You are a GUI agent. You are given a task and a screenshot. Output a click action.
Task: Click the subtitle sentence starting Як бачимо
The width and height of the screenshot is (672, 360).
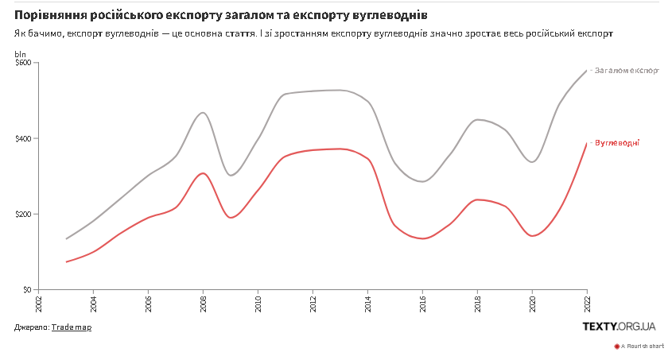click(x=313, y=33)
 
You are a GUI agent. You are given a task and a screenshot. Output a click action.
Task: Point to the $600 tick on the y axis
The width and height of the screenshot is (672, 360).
click(x=23, y=63)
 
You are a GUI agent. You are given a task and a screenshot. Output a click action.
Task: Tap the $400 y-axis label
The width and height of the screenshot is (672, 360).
click(x=23, y=138)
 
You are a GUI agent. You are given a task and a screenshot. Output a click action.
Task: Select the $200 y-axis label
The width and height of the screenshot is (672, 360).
click(x=23, y=215)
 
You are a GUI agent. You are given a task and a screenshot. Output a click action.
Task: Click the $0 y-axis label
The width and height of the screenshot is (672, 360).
click(x=27, y=290)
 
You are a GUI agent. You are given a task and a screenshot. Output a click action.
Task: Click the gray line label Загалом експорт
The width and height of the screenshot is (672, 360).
click(x=627, y=71)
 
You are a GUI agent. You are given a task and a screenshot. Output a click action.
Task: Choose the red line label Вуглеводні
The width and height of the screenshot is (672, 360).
click(x=617, y=143)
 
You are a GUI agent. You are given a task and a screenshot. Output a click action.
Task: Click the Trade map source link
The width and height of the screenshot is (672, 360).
click(x=72, y=327)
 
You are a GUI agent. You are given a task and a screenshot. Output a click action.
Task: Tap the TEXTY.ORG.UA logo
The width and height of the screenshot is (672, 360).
click(x=620, y=327)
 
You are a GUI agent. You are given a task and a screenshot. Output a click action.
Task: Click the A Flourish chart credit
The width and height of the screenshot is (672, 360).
click(x=640, y=346)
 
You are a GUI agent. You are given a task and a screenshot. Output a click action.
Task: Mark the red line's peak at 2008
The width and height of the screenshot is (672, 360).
click(x=203, y=173)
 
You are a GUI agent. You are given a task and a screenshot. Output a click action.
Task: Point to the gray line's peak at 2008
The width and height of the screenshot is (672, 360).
click(x=203, y=113)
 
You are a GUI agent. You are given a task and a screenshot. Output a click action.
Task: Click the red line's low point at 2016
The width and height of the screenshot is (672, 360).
click(x=422, y=238)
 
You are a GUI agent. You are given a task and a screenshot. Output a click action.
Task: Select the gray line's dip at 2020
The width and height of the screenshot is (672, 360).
click(x=532, y=161)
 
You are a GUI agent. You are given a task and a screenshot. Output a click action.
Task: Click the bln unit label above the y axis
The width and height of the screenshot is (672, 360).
click(x=21, y=53)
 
